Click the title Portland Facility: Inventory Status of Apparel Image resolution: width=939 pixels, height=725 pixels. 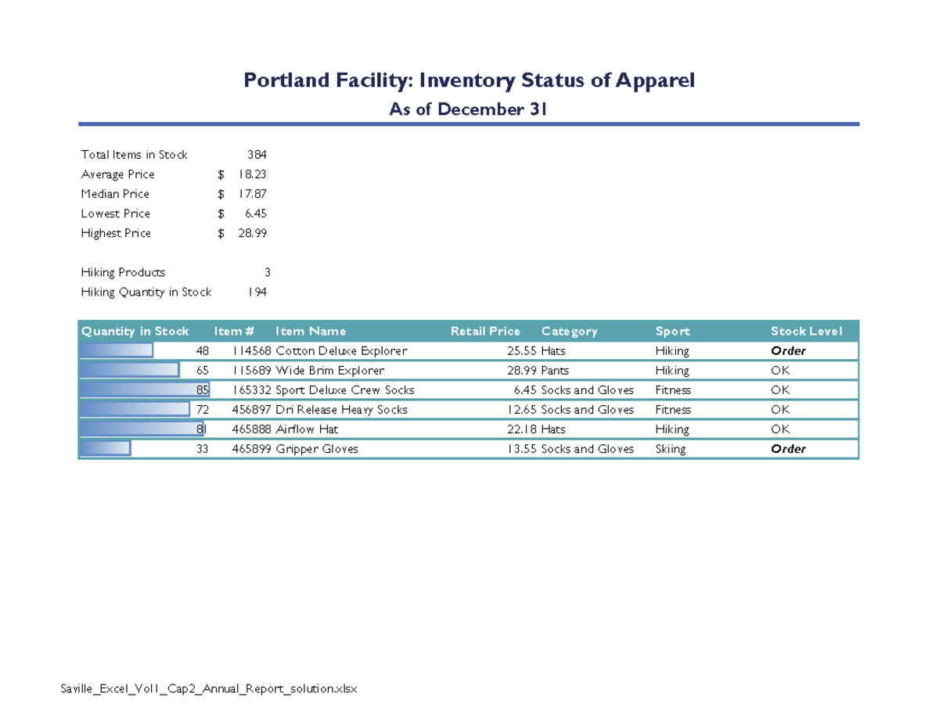[469, 81]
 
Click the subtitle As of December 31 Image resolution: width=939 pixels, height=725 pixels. [468, 109]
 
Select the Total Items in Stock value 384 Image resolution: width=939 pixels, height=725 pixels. [257, 155]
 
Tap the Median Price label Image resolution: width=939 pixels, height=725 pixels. [115, 194]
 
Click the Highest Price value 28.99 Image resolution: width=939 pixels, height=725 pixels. [252, 233]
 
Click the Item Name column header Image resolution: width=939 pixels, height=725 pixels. [311, 332]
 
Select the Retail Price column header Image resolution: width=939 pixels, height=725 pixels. [485, 332]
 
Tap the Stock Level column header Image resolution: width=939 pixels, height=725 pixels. [806, 332]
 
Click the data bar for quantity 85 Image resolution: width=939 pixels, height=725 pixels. [141, 389]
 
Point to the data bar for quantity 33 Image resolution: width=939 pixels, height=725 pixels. [105, 449]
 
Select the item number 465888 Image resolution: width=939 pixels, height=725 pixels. [252, 429]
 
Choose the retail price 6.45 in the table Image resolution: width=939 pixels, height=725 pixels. [525, 389]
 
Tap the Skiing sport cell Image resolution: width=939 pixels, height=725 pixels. [670, 449]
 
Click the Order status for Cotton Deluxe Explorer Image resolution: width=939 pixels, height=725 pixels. [788, 351]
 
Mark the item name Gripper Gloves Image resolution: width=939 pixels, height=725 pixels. [317, 449]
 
